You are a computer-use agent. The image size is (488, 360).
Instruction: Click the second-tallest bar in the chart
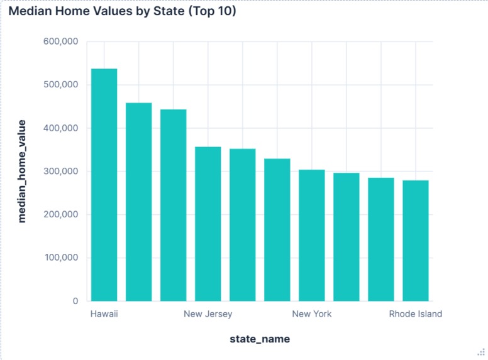coord(138,202)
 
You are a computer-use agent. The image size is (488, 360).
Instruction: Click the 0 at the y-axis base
coord(74,302)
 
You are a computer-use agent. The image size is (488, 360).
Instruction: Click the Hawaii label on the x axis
coord(104,314)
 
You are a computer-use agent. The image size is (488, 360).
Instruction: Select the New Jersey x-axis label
coord(208,314)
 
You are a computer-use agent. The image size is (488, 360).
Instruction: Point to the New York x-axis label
coord(312,314)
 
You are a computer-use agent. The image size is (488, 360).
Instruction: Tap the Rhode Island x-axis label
coord(416,314)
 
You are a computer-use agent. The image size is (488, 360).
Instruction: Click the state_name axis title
coord(260,339)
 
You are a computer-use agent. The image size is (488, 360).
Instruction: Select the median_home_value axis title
coord(22,171)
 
